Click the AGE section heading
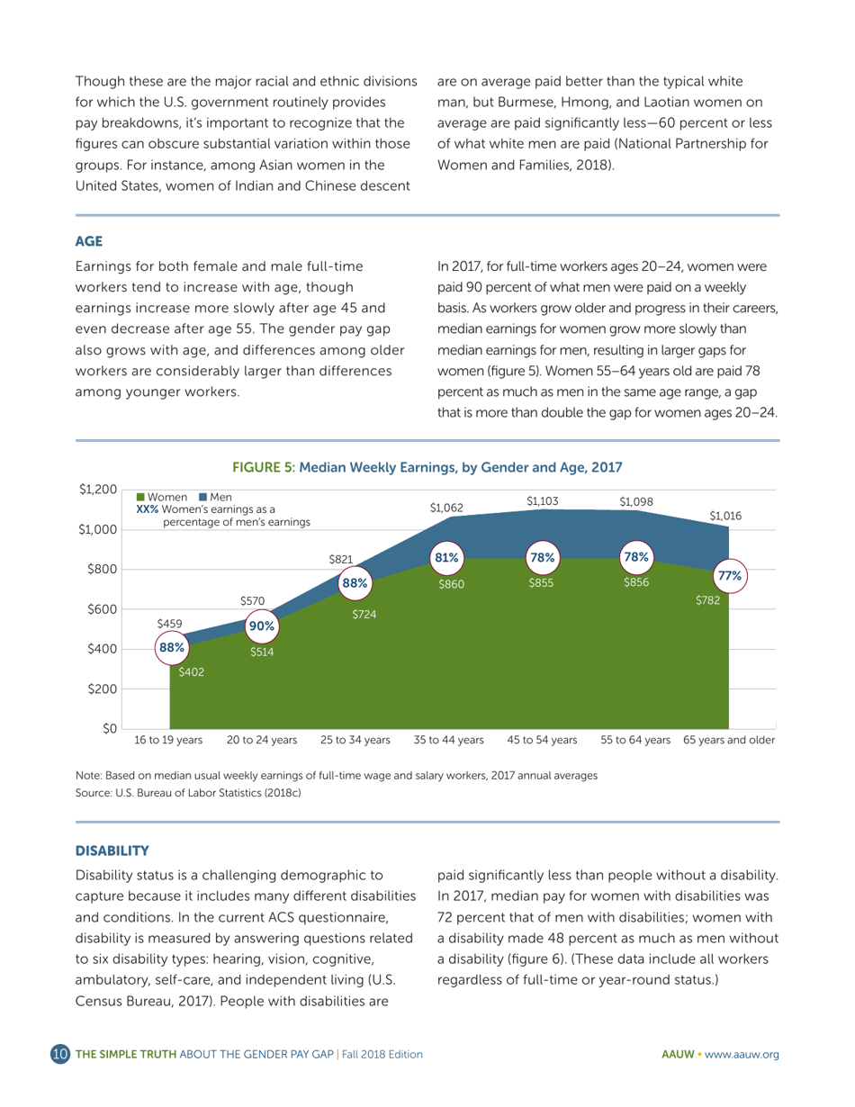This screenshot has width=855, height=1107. tap(89, 241)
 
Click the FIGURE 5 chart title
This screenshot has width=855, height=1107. tap(427, 468)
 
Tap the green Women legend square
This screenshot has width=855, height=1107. tap(140, 498)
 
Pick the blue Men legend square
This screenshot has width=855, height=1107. tap(204, 498)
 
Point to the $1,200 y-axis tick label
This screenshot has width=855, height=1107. tap(98, 490)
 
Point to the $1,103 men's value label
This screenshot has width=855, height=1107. tap(542, 500)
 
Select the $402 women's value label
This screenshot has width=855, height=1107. tap(191, 671)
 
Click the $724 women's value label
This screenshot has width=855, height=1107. tap(364, 615)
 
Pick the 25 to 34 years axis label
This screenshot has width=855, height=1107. tap(355, 741)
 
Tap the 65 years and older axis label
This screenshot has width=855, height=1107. tap(729, 741)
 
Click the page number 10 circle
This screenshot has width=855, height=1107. tap(60, 1054)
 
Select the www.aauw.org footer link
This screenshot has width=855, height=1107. tap(742, 1054)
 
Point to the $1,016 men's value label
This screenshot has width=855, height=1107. tap(725, 516)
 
